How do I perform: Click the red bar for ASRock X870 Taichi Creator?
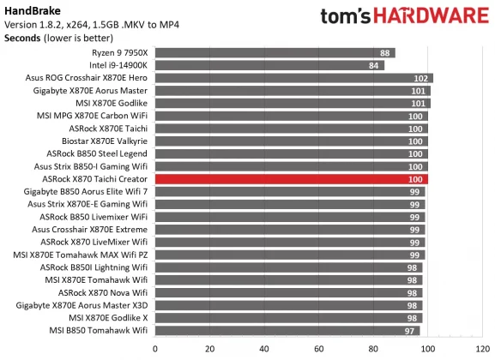tap(292, 179)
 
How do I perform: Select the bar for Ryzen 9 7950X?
tap(275, 53)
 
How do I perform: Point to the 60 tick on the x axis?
tap(318, 349)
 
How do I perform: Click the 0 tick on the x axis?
tap(155, 349)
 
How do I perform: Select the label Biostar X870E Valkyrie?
tap(105, 141)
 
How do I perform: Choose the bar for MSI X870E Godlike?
tap(292, 104)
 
